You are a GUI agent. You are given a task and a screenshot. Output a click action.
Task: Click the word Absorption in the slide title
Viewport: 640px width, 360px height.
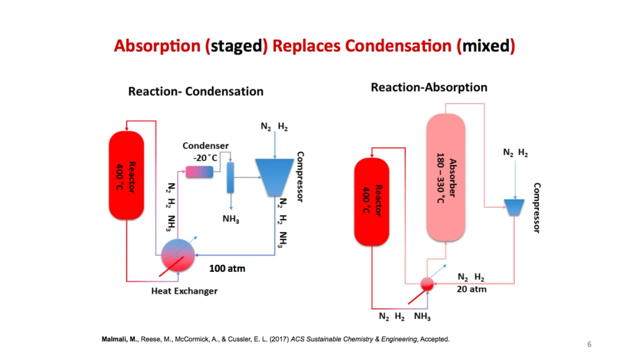[159, 47]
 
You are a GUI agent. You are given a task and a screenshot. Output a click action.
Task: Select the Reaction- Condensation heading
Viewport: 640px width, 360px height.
[196, 91]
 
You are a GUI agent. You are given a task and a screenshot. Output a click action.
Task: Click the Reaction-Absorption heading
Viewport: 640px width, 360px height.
[429, 87]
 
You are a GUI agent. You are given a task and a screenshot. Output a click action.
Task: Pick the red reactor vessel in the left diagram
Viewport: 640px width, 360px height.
[126, 176]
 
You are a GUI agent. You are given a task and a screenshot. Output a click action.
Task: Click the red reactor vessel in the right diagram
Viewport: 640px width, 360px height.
[372, 201]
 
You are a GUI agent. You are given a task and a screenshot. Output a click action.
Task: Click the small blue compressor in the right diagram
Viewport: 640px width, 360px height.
[513, 207]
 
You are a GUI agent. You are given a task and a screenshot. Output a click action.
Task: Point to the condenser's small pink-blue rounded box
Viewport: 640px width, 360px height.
[200, 171]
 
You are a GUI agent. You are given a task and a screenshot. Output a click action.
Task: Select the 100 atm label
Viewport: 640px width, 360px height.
[227, 269]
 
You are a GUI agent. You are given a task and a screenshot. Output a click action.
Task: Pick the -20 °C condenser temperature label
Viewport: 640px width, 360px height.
[205, 157]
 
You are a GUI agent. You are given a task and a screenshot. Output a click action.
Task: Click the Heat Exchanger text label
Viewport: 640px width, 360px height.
[184, 291]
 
